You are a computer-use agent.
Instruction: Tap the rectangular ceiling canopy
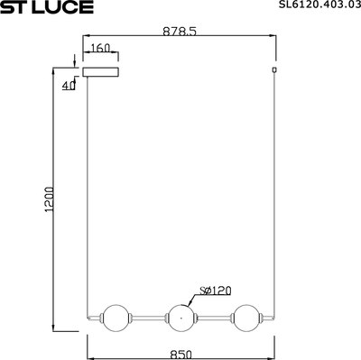[x=101, y=70]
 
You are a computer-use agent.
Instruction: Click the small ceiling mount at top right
[x=273, y=69]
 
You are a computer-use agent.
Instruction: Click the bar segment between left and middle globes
[x=146, y=318]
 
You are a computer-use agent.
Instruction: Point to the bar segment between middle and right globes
[x=213, y=318]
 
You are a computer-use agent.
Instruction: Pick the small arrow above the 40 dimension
[x=73, y=64]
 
